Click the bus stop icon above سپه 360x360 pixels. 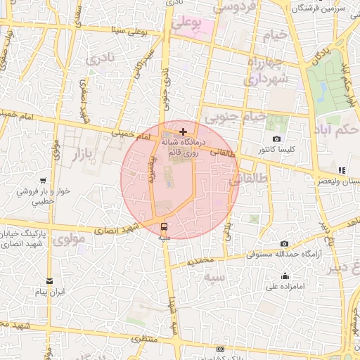click(165, 226)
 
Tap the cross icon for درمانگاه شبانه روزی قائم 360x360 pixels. click(184, 131)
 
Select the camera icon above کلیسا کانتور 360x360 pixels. click(276, 139)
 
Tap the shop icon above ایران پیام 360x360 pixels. click(49, 281)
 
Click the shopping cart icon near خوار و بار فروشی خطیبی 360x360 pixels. click(44, 181)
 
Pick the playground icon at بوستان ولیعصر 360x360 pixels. click(342, 170)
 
